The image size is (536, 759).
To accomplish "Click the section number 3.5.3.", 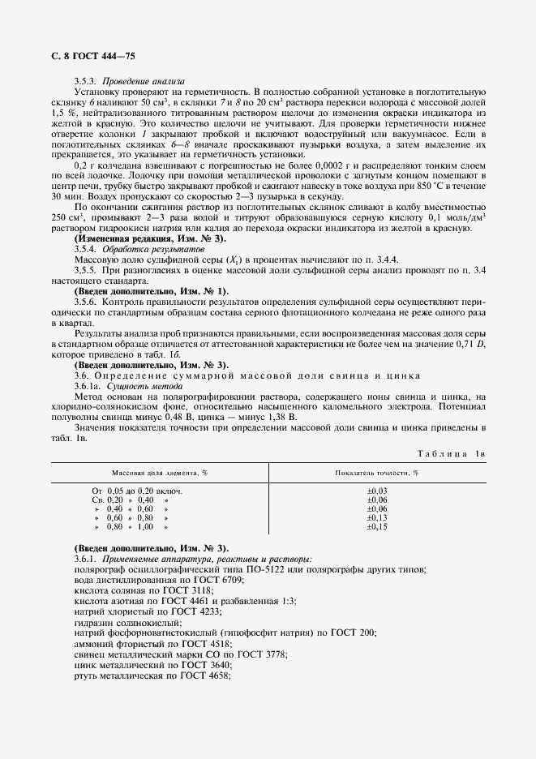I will click(x=85, y=82).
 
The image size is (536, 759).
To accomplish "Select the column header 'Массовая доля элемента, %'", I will click(x=159, y=472).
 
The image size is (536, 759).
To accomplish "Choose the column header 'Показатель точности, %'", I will click(x=376, y=472).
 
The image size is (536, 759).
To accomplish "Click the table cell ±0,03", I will click(x=377, y=491).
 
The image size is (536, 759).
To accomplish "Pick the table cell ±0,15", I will click(x=377, y=527).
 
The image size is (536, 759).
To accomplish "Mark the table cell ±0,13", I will click(x=377, y=518).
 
